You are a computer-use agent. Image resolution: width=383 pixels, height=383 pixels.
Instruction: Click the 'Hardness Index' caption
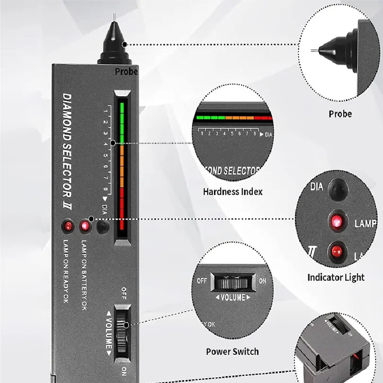(233, 192)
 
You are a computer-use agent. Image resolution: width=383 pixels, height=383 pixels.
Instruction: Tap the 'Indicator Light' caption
(336, 277)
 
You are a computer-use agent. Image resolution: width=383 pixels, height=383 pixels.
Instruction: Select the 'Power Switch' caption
(232, 351)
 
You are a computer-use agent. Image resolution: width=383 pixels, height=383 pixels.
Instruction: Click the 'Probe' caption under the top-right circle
(340, 114)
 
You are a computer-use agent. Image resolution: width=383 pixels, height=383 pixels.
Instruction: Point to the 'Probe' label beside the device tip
(126, 72)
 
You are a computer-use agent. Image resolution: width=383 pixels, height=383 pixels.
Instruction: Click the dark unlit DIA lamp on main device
(101, 226)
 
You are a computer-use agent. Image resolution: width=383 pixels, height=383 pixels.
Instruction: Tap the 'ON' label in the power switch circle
(262, 282)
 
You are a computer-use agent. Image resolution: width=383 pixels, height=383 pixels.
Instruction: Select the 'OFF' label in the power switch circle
(202, 282)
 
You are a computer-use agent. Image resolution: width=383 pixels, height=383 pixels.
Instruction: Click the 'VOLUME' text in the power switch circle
(232, 297)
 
